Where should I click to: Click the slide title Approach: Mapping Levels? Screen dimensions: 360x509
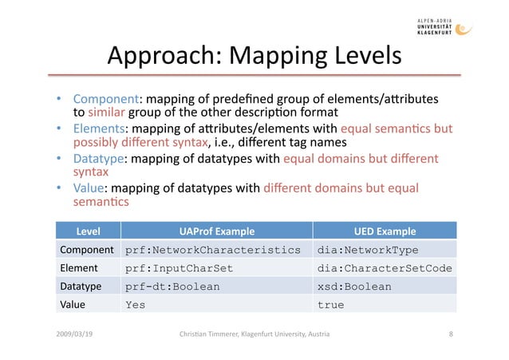pos(254,56)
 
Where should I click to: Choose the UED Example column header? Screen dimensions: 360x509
pos(385,232)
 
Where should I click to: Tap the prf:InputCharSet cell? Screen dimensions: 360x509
pos(182,268)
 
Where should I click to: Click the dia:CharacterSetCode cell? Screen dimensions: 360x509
pos(385,268)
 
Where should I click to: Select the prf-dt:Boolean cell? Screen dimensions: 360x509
pos(172,287)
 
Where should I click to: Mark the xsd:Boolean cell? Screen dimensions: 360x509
pos(354,287)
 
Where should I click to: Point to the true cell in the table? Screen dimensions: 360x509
pos(330,304)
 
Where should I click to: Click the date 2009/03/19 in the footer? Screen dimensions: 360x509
pos(73,334)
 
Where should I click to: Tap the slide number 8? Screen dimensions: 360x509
pos(452,334)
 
